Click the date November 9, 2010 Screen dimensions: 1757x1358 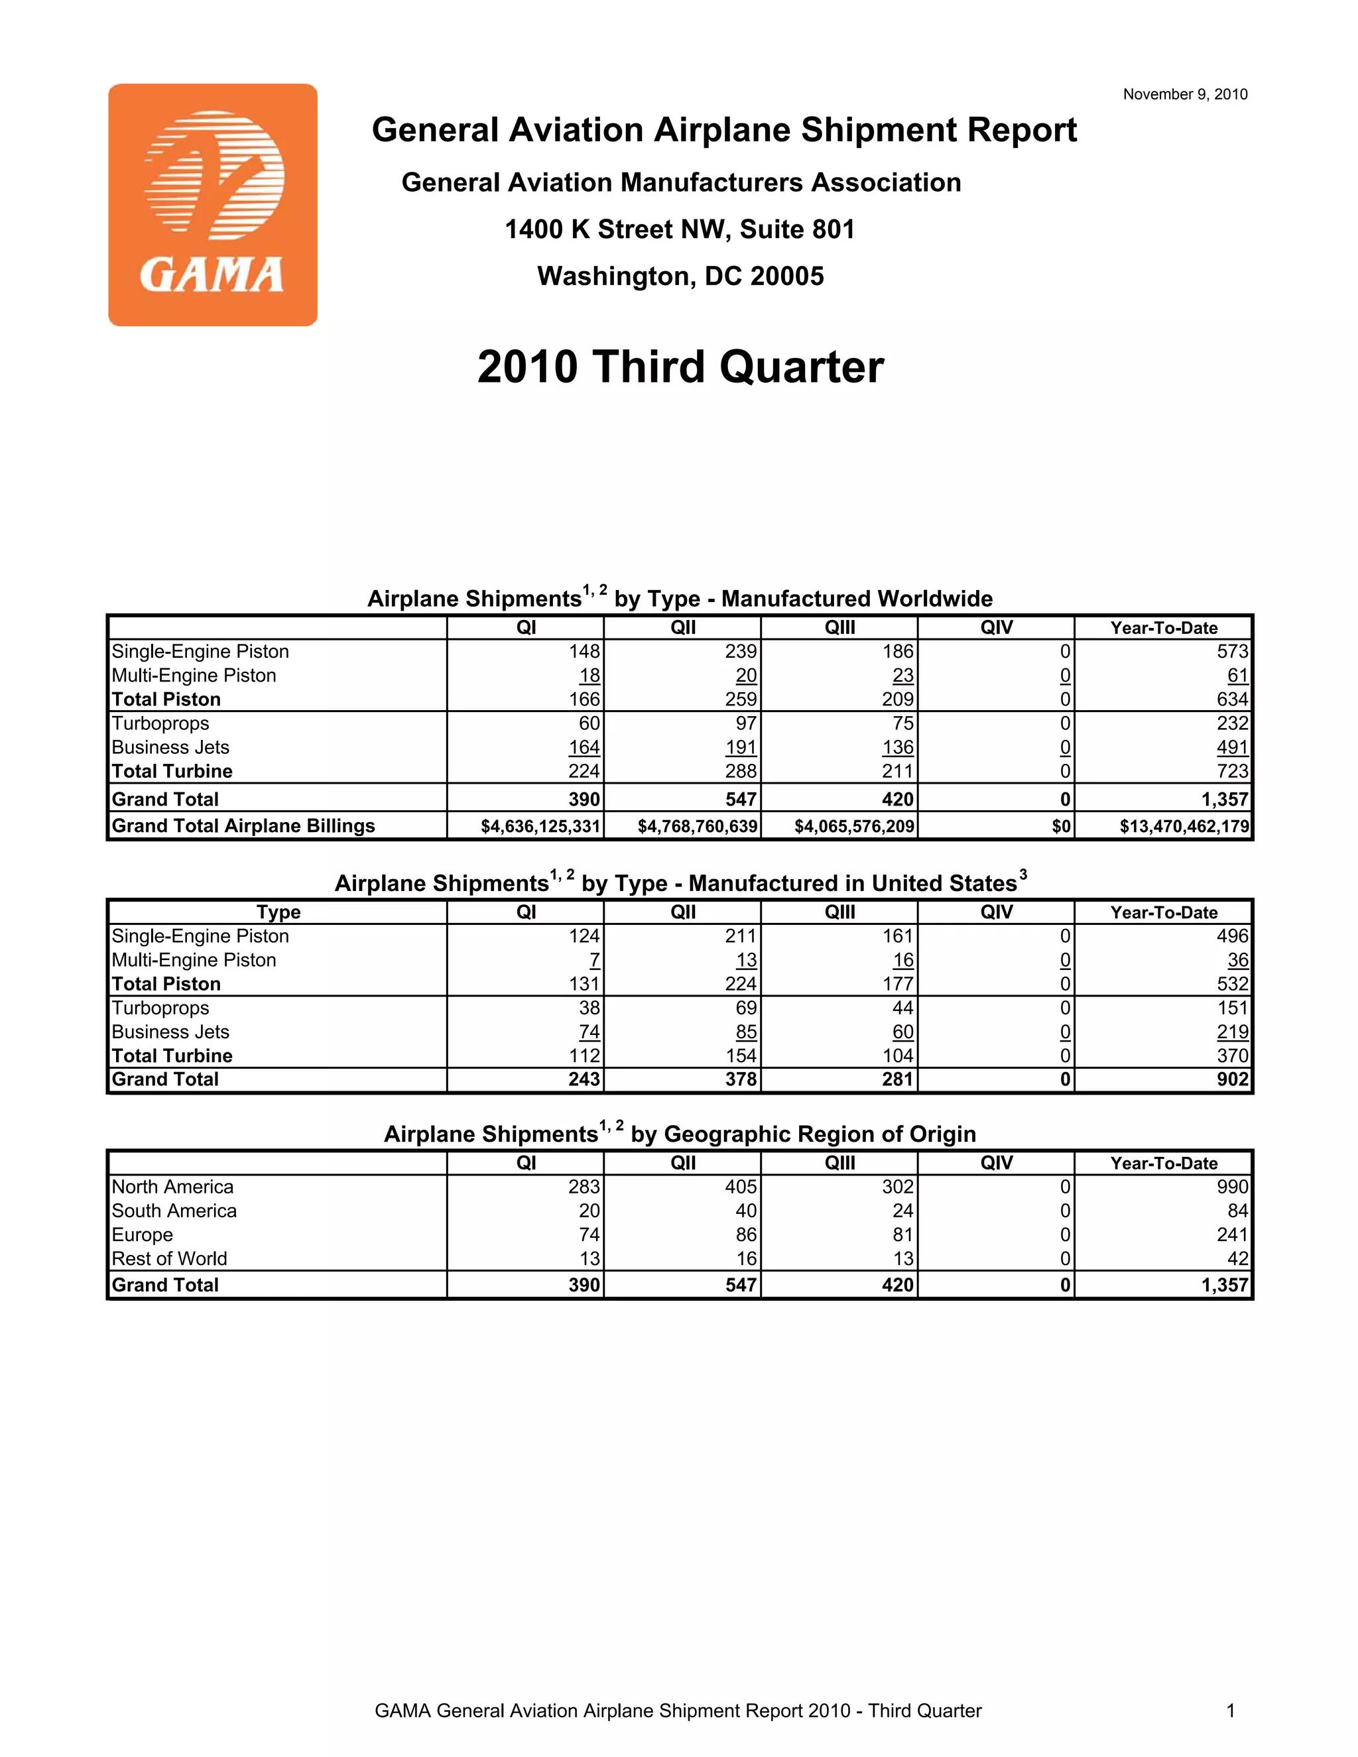point(1184,94)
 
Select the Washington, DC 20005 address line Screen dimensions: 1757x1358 point(680,276)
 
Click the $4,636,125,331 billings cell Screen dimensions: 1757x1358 point(540,826)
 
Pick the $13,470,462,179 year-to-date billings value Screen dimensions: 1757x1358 point(1184,826)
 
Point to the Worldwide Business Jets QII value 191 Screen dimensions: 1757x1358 point(741,747)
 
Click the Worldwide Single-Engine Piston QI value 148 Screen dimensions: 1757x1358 point(584,651)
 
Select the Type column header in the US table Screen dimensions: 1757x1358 point(278,912)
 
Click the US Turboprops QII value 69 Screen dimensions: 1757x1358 point(746,1008)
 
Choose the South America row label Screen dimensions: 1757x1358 point(174,1211)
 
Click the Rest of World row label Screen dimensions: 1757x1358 point(169,1258)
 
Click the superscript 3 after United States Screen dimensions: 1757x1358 point(1022,874)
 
